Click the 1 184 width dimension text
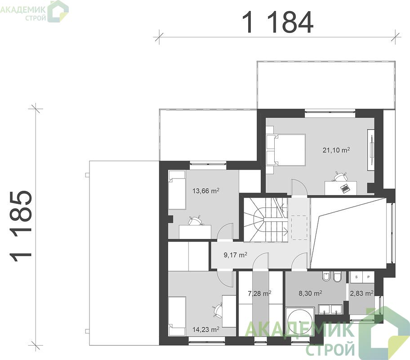pos(277,22)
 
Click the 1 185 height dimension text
pos(21,226)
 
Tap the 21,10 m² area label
pos(336,150)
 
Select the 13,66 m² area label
pos(206,191)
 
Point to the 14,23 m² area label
pos(206,329)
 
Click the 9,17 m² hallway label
pos(235,255)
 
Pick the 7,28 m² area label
pos(259,293)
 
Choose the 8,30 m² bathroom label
pos(310,293)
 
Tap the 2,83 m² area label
pos(361,293)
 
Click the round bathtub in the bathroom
pos(300,321)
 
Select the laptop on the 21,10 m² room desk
pos(345,188)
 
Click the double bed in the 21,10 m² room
pos(286,150)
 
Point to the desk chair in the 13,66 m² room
pos(195,220)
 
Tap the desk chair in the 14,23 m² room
pos(218,310)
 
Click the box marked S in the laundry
pos(357,277)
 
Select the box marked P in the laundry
pos(369,277)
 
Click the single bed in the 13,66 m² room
pos(177,190)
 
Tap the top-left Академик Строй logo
pos(34,11)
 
